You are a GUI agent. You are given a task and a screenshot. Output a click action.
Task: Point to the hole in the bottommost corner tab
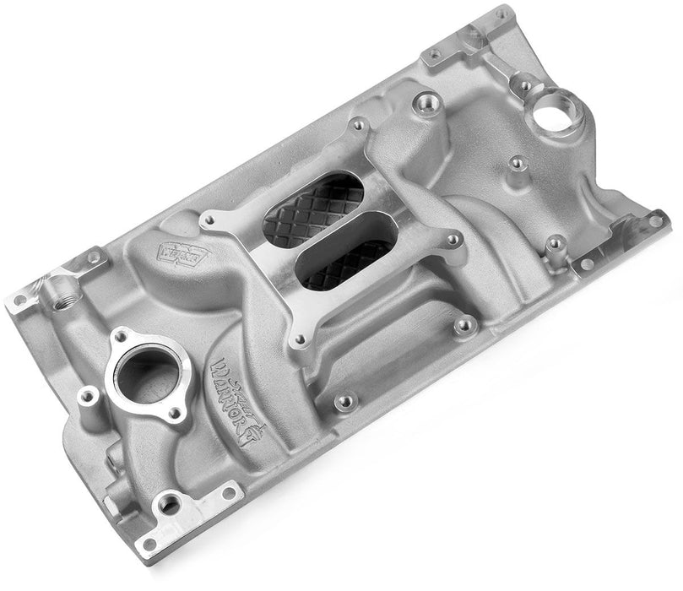[150, 545]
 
